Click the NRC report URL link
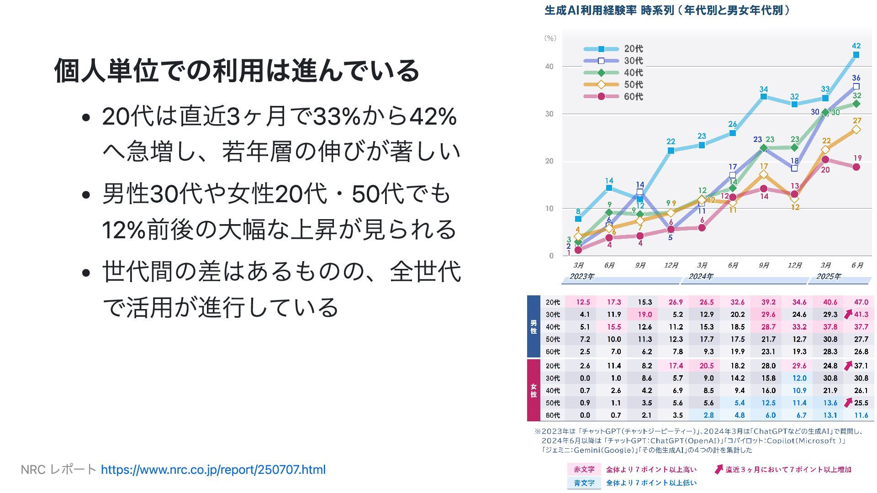(x=213, y=470)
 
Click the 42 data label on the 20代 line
(x=856, y=46)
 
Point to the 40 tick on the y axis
(x=549, y=67)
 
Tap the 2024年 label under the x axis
(x=701, y=277)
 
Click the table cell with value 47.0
(x=861, y=302)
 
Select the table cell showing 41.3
(x=861, y=315)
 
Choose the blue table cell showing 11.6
(x=861, y=415)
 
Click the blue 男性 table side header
(x=534, y=327)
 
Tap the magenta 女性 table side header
(x=534, y=390)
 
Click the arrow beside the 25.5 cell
(x=848, y=403)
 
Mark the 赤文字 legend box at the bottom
(x=584, y=470)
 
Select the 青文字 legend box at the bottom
(x=584, y=483)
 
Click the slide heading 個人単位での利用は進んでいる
(x=237, y=71)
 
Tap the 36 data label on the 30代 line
(x=856, y=78)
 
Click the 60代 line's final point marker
(x=856, y=167)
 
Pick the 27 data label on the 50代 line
(x=857, y=121)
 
